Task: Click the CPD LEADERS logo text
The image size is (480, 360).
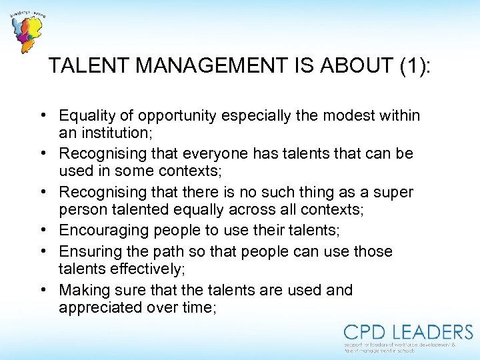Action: click(x=408, y=332)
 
